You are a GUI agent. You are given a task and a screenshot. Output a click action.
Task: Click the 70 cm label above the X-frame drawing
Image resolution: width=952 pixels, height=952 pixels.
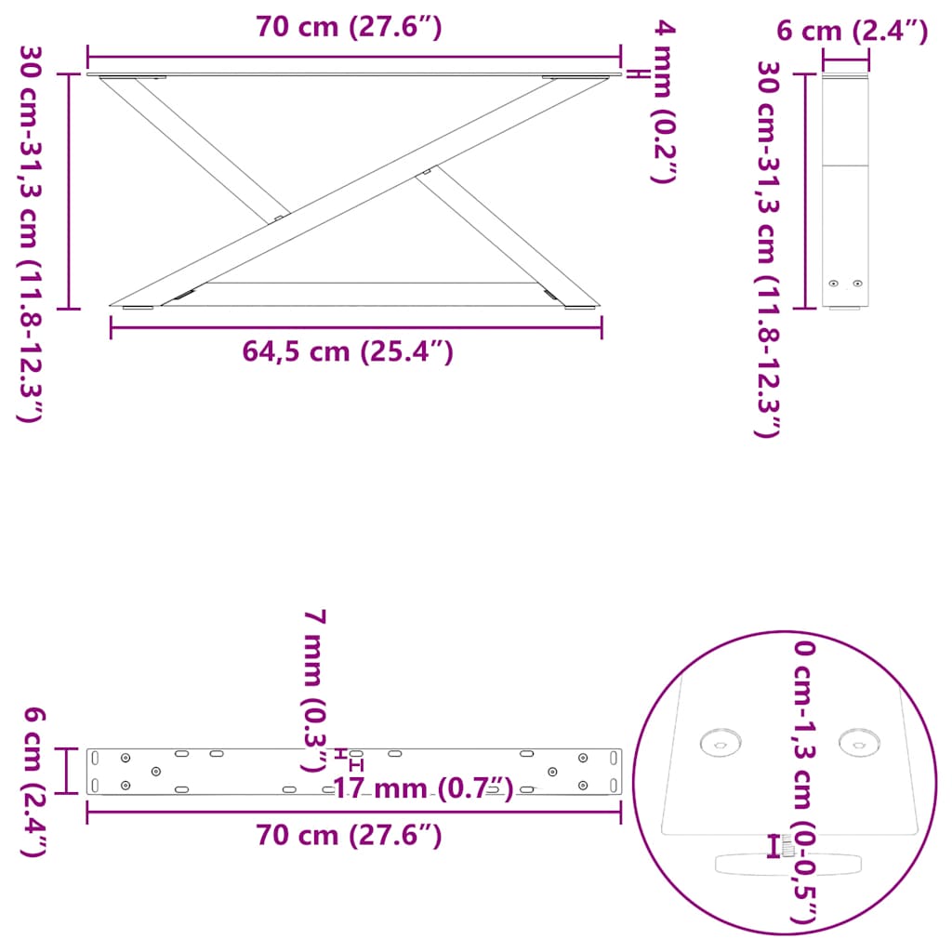(349, 28)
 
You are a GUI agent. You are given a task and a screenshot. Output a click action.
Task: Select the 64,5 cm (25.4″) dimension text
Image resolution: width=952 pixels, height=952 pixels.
(348, 351)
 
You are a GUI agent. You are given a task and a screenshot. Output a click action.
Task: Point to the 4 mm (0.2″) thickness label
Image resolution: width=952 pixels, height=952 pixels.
(661, 102)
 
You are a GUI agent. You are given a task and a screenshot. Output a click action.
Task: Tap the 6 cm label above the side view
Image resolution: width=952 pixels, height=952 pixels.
(852, 32)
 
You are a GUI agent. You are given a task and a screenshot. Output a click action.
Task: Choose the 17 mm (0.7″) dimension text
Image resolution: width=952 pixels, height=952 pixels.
(423, 789)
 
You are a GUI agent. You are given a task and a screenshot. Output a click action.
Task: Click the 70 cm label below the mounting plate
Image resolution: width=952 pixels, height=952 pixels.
(349, 836)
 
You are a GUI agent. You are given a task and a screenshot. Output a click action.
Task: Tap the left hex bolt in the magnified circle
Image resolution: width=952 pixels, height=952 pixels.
(717, 742)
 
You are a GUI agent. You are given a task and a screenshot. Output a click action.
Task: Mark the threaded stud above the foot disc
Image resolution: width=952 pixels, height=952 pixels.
(788, 845)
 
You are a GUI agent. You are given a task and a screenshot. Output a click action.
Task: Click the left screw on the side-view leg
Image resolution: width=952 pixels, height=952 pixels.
(834, 284)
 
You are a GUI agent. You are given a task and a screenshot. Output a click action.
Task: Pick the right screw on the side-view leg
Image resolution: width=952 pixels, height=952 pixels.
(857, 284)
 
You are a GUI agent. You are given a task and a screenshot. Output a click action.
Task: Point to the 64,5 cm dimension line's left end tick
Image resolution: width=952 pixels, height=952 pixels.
(112, 327)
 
